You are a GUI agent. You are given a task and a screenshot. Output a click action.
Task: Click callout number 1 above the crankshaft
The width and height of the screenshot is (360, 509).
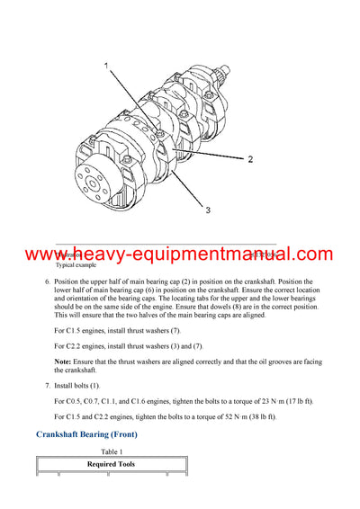tap(106, 67)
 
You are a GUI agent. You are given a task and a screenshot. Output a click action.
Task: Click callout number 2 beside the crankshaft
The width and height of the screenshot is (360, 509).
tap(250, 158)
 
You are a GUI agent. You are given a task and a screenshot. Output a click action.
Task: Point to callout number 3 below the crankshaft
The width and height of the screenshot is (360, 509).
tap(207, 210)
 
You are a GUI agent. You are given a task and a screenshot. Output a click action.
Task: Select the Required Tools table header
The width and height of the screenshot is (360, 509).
tap(111, 465)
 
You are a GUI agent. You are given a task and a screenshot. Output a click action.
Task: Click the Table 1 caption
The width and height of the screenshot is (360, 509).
tap(112, 451)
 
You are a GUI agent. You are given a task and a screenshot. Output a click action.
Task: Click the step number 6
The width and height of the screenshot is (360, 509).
tap(48, 281)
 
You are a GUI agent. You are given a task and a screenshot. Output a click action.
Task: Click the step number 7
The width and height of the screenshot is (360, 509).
tap(48, 384)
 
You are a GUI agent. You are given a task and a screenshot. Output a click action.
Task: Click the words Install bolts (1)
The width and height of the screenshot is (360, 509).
tap(77, 384)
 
